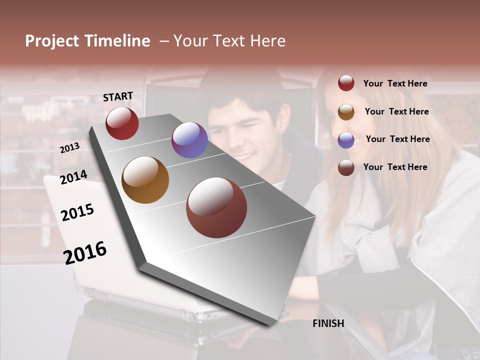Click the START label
coord(118,96)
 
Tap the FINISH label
coord(328,323)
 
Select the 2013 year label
coord(69,147)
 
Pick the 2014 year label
coord(74,177)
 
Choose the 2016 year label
coord(85,252)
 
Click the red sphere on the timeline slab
coord(122,123)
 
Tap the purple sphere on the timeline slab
coord(189,140)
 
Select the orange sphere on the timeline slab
coord(145,180)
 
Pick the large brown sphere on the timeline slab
coord(216,207)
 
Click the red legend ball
coord(346,83)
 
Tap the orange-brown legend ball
coord(346,112)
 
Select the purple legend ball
coord(346,140)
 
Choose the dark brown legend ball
coord(346,167)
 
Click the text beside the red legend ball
coord(395,83)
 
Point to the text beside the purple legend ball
coord(397,139)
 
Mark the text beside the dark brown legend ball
coord(395,167)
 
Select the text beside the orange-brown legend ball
coord(397,111)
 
